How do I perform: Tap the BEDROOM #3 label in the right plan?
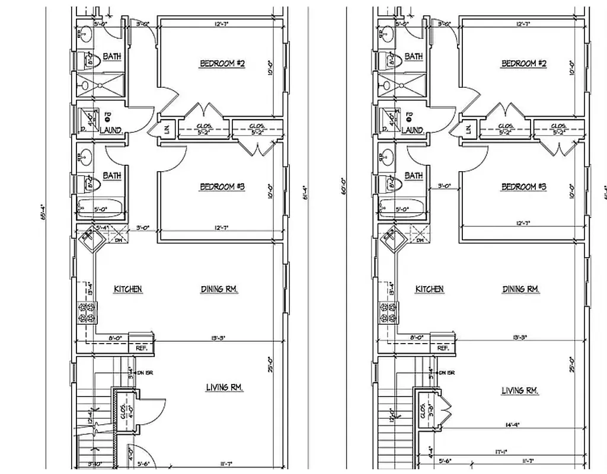523,187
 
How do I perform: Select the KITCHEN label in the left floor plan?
127,289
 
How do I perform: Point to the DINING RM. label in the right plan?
521,289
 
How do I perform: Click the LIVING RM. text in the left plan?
225,387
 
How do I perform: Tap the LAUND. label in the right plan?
412,130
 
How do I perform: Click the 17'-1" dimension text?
501,451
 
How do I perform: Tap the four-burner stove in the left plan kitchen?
87,312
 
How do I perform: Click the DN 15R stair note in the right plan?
446,373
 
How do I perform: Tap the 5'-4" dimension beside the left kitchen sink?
103,228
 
